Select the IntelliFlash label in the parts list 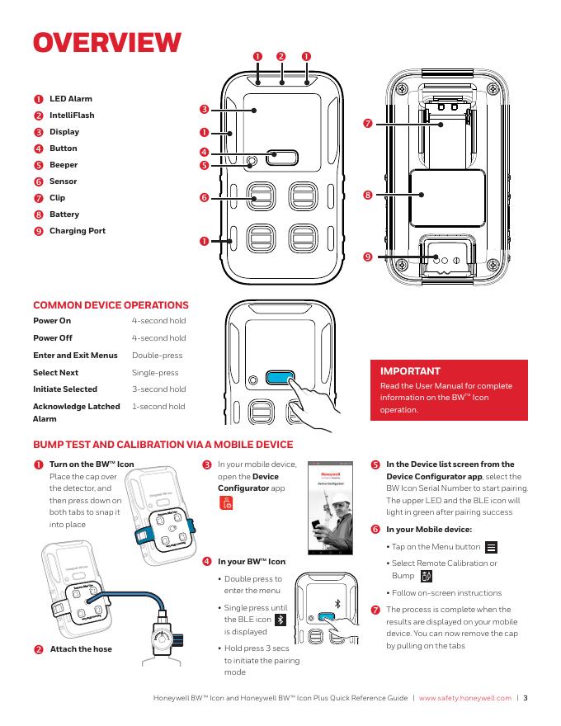click(73, 115)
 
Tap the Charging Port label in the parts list click(78, 230)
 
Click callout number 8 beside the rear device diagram click(368, 195)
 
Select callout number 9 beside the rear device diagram click(368, 257)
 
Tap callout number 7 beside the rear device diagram click(368, 124)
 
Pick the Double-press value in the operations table click(157, 355)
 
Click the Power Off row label click(53, 337)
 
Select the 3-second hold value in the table click(158, 389)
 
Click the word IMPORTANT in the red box click(409, 371)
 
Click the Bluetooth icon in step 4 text click(280, 620)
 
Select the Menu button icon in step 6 click(492, 547)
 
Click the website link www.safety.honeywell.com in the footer click(465, 698)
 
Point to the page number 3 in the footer click(526, 698)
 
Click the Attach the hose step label click(81, 649)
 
